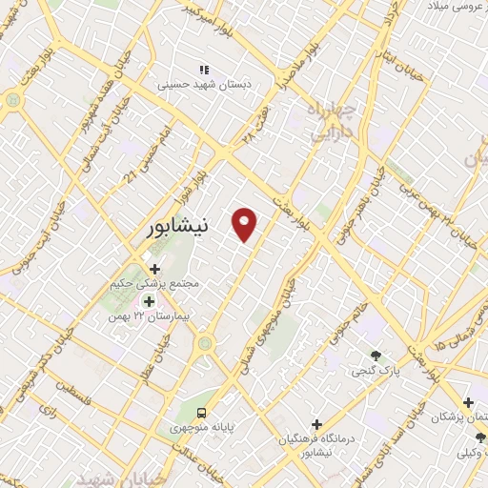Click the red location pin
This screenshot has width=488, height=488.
pyautogui.click(x=246, y=224)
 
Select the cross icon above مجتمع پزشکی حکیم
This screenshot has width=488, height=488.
pyautogui.click(x=155, y=270)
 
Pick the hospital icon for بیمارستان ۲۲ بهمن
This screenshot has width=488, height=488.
pyautogui.click(x=148, y=301)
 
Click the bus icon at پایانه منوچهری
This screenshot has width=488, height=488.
pyautogui.click(x=202, y=413)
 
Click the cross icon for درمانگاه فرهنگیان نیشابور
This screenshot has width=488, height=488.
pyautogui.click(x=316, y=424)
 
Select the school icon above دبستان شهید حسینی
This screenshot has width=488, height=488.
pyautogui.click(x=203, y=70)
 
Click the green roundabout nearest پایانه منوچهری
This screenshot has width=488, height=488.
pyautogui.click(x=204, y=341)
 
